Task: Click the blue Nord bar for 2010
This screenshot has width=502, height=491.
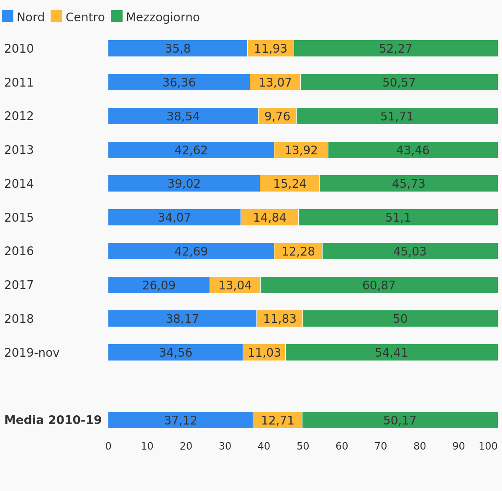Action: (178, 48)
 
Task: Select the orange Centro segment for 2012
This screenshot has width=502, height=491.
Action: (277, 116)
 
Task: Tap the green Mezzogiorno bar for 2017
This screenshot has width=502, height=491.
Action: (379, 285)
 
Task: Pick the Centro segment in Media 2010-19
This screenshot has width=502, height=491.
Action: (278, 420)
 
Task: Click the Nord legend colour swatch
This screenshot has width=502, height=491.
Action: (8, 16)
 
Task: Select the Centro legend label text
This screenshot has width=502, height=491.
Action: (85, 17)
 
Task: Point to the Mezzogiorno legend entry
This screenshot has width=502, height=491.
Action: (155, 16)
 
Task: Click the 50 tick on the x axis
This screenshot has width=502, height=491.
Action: (303, 446)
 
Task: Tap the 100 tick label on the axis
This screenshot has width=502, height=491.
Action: (488, 446)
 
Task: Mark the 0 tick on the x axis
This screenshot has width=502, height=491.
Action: (108, 446)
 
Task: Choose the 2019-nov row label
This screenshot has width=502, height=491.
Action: (32, 353)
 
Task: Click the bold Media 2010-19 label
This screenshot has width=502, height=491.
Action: (53, 420)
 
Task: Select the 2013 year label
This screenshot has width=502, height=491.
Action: (19, 150)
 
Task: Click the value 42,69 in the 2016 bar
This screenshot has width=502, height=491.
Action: (191, 251)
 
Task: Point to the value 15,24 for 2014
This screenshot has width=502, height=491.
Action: (289, 184)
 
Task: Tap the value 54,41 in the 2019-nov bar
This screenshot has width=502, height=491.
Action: (391, 353)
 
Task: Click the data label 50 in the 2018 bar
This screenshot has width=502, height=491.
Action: (400, 319)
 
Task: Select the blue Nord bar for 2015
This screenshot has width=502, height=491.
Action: (174, 217)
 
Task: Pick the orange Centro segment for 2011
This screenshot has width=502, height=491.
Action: (275, 82)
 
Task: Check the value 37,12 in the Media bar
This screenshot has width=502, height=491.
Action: (181, 420)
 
